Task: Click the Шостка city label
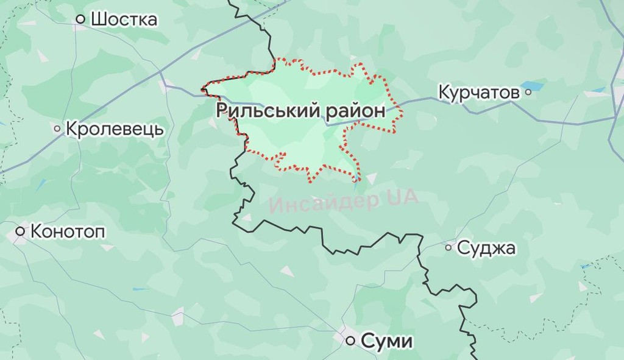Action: (x=124, y=19)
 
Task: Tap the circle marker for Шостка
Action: (x=80, y=19)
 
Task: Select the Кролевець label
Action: (x=115, y=129)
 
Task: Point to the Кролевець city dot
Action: (x=57, y=129)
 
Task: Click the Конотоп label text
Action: (x=68, y=231)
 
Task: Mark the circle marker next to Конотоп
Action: (x=20, y=231)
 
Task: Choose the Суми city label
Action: (x=386, y=341)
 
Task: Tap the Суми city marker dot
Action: (x=350, y=341)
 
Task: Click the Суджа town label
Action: (x=486, y=248)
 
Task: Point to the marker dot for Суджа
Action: (x=448, y=247)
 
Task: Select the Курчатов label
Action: (x=479, y=93)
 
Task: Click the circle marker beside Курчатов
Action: (x=528, y=93)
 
